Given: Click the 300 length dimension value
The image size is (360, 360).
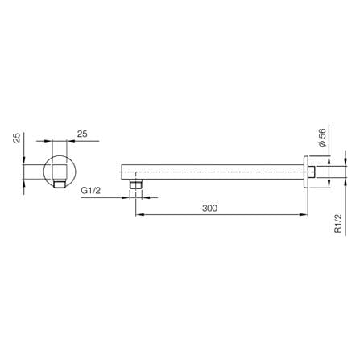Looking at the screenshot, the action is pyautogui.click(x=209, y=208).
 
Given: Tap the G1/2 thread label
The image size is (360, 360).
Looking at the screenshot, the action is pyautogui.click(x=90, y=191).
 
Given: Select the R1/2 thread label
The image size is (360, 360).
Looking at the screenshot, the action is pyautogui.click(x=338, y=223).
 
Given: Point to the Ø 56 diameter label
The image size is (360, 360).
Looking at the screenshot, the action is pyautogui.click(x=322, y=138).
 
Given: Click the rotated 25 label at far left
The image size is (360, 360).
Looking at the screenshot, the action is pyautogui.click(x=17, y=138).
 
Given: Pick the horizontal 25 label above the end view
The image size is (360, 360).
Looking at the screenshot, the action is pyautogui.click(x=82, y=134).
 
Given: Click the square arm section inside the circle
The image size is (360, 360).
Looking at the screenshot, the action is pyautogui.click(x=60, y=172).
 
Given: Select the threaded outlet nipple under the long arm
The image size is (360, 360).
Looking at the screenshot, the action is pyautogui.click(x=136, y=184).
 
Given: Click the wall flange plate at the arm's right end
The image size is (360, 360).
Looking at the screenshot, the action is pyautogui.click(x=306, y=172).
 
